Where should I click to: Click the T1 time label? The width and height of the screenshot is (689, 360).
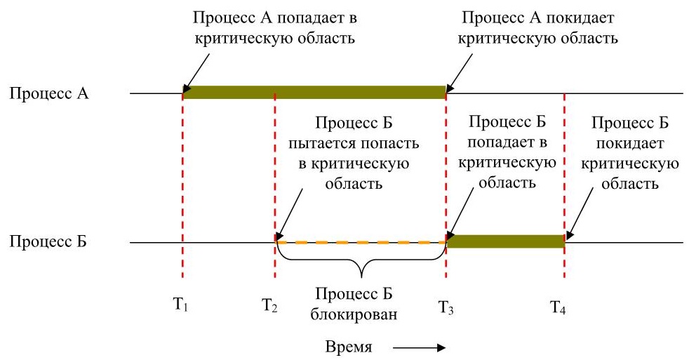(180, 305)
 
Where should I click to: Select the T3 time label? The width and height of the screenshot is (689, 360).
(446, 307)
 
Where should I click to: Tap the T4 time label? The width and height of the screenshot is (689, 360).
(558, 307)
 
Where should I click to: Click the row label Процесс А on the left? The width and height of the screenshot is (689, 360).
(49, 93)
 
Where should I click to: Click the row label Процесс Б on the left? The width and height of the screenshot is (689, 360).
(48, 241)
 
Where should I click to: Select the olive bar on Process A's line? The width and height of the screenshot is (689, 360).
(314, 93)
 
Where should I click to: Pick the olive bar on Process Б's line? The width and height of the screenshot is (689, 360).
(505, 241)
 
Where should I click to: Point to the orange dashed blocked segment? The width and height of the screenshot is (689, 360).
(361, 242)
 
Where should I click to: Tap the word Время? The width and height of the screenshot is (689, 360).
(349, 347)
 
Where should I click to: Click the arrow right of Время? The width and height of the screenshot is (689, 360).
(420, 348)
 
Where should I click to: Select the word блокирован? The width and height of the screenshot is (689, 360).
(354, 314)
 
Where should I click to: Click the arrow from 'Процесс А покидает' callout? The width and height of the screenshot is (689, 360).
(460, 72)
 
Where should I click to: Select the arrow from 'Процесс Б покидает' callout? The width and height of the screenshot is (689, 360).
(578, 216)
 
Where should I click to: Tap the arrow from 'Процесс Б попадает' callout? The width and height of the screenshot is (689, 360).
(460, 213)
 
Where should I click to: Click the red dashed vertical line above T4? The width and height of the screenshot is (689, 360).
(564, 185)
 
